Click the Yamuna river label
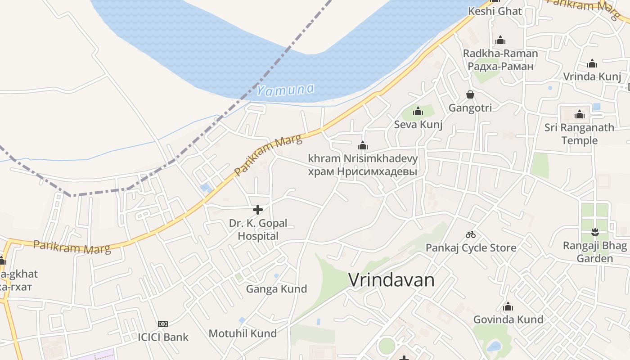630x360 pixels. tap(285, 90)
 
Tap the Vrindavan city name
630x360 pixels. tap(391, 280)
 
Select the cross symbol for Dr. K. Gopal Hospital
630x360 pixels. tap(258, 210)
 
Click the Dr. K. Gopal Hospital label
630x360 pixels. tap(258, 229)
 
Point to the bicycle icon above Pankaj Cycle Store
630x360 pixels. tap(471, 234)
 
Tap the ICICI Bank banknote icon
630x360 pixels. tap(163, 324)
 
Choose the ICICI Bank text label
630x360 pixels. tap(163, 337)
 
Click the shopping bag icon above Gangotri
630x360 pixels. tap(470, 94)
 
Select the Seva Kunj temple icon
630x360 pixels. tap(418, 111)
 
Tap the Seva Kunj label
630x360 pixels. tap(418, 125)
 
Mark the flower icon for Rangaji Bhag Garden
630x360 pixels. tap(595, 233)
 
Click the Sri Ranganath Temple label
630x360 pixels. tap(579, 134)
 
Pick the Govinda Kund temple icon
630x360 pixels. tap(508, 307)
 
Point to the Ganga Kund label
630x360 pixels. tap(276, 289)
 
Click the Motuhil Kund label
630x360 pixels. tap(243, 333)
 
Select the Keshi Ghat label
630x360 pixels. tap(495, 11)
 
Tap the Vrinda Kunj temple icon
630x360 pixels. tap(592, 63)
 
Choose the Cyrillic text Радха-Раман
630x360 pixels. tap(500, 66)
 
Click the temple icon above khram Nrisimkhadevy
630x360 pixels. tap(363, 146)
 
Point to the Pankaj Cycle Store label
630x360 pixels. tap(471, 247)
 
